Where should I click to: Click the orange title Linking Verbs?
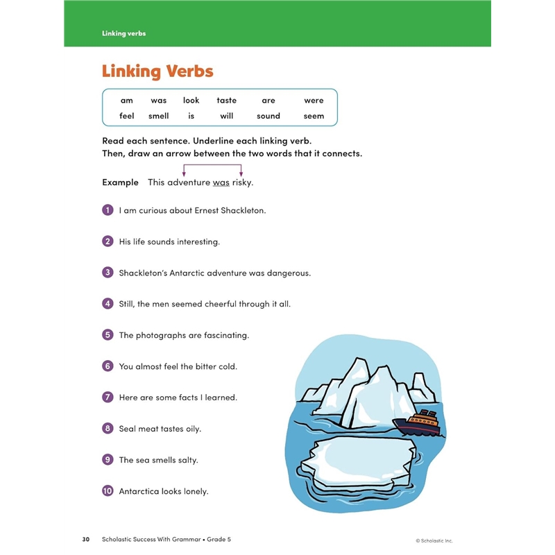pos(157,71)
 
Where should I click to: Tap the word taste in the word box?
pos(226,101)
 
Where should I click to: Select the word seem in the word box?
pos(314,116)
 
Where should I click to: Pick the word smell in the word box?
pos(158,116)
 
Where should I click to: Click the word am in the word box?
pos(126,101)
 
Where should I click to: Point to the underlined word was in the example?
pos(221,182)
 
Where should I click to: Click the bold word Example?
pos(120,182)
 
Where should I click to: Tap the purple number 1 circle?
pos(108,210)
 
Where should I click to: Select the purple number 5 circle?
pos(108,335)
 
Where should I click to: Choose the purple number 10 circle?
pos(108,491)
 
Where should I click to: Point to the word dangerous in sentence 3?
pos(288,273)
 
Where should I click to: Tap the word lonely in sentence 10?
pos(196,491)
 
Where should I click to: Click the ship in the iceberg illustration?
pos(417,422)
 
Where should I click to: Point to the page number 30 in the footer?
pos(86,540)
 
